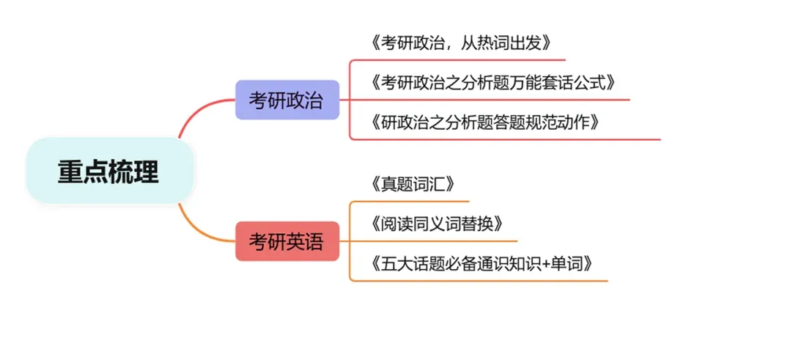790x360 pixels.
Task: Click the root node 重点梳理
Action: [x=108, y=172]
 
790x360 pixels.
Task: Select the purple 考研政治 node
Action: [x=286, y=100]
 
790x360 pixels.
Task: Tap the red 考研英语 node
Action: [x=286, y=241]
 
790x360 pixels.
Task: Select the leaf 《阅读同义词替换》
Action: [x=437, y=223]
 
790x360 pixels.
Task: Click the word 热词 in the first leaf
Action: [x=490, y=43]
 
